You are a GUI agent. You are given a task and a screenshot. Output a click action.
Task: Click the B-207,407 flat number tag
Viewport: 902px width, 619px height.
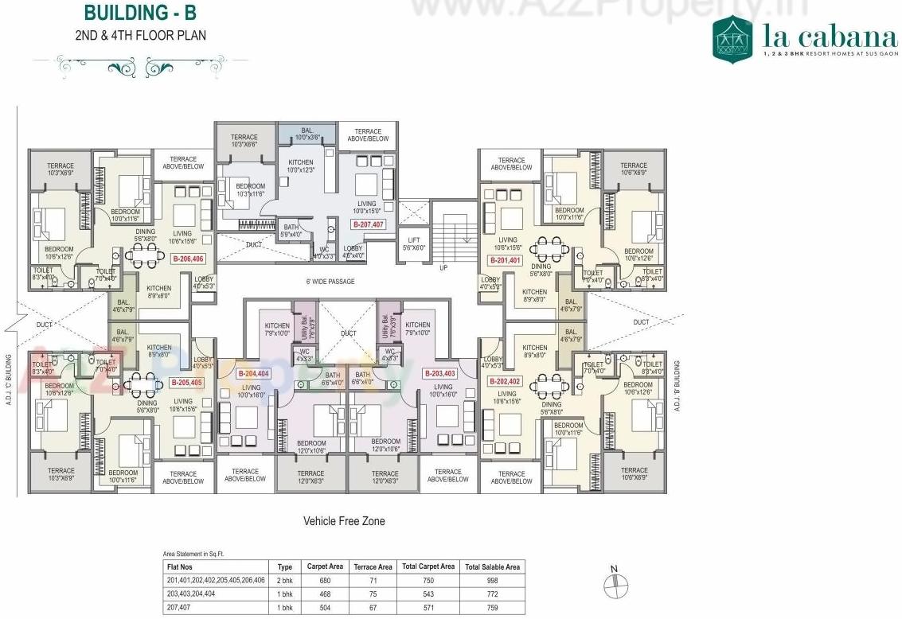(x=369, y=225)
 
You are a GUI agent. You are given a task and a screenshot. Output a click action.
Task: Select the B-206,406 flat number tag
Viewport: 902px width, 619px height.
(x=188, y=259)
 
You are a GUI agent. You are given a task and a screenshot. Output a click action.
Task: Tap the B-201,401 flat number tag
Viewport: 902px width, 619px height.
(x=505, y=260)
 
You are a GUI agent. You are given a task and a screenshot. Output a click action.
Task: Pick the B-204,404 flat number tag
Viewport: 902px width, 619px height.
(x=254, y=373)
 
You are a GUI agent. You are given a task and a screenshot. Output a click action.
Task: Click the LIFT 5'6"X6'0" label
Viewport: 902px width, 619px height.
(x=413, y=243)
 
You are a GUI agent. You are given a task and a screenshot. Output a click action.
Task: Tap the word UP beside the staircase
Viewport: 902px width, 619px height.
(x=443, y=268)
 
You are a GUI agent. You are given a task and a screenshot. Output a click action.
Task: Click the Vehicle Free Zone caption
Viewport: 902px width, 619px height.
(x=344, y=521)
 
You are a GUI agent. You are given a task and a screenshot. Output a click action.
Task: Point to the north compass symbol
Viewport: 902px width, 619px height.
(x=614, y=586)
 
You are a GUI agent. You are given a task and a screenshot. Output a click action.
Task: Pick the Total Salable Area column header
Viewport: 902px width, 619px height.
(x=492, y=566)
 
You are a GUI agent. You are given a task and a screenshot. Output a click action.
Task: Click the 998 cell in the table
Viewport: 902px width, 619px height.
(x=492, y=580)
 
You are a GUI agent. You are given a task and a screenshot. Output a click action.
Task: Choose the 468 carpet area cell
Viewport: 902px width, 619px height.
(x=325, y=594)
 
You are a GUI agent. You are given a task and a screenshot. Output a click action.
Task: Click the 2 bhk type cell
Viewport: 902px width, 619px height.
(x=284, y=580)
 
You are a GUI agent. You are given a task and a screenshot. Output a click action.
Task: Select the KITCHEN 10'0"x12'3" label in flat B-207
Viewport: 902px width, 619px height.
(x=301, y=166)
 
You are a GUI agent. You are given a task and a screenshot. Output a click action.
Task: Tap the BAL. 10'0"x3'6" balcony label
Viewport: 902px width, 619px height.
(x=307, y=134)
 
